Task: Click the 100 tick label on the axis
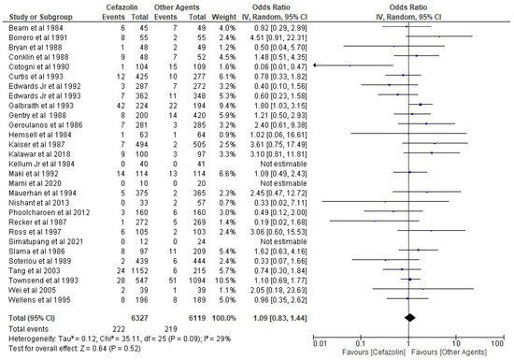[494, 342]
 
